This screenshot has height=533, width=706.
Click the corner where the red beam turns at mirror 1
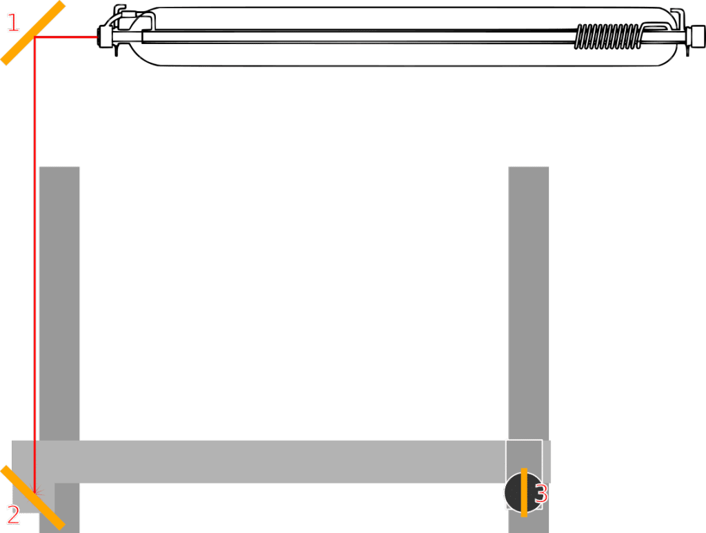pyautogui.click(x=34, y=37)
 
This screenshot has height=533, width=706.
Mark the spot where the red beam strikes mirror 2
pyautogui.click(x=34, y=493)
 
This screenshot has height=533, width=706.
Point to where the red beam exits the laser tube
pyautogui.click(x=97, y=37)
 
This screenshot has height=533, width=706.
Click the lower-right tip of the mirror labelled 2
pyautogui.click(x=63, y=527)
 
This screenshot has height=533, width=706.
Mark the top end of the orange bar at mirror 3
pyautogui.click(x=524, y=469)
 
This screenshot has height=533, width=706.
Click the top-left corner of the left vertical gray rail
pyautogui.click(x=39, y=167)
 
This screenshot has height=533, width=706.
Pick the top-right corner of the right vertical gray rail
pyautogui.click(x=548, y=167)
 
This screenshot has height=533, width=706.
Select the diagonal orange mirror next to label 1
pyautogui.click(x=33, y=33)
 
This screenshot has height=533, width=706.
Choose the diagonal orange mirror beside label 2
pyautogui.click(x=33, y=497)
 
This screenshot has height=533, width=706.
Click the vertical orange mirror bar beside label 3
pyautogui.click(x=524, y=492)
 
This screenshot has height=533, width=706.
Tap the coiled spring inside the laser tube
pyautogui.click(x=607, y=36)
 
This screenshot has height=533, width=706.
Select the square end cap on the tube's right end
pyautogui.click(x=698, y=36)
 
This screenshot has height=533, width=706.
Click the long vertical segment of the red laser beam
pyautogui.click(x=34, y=265)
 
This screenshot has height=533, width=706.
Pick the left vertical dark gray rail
pyautogui.click(x=59, y=304)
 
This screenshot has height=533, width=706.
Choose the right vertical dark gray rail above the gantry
pyautogui.click(x=529, y=304)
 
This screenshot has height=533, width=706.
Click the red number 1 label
pyautogui.click(x=14, y=23)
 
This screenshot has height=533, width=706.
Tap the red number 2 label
pyautogui.click(x=13, y=515)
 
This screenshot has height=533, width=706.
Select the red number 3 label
pyautogui.click(x=541, y=494)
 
